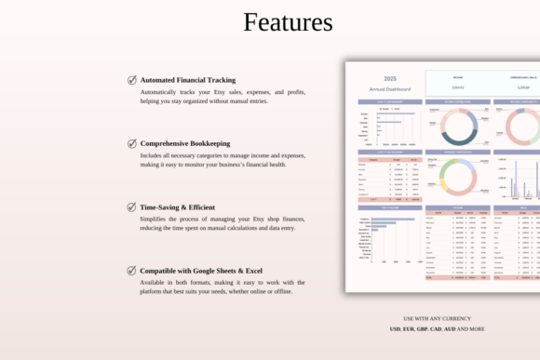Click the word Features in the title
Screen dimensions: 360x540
point(288,22)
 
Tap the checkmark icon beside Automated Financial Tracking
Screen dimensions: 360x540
point(132,80)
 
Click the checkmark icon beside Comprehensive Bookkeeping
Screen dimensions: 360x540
point(132,143)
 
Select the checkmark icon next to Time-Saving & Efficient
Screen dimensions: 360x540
point(132,207)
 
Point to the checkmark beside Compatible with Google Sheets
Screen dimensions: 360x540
point(132,270)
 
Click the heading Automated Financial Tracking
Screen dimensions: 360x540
point(187,80)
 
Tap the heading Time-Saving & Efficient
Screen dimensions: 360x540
point(177,207)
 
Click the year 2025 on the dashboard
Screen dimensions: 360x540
point(390,79)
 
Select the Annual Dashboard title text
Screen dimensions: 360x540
point(390,88)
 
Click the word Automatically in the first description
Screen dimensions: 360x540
point(161,92)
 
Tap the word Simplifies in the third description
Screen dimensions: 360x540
point(156,219)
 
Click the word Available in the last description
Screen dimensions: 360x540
point(155,282)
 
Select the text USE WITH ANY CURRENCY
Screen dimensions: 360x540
point(437,318)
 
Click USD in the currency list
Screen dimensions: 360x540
point(396,328)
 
